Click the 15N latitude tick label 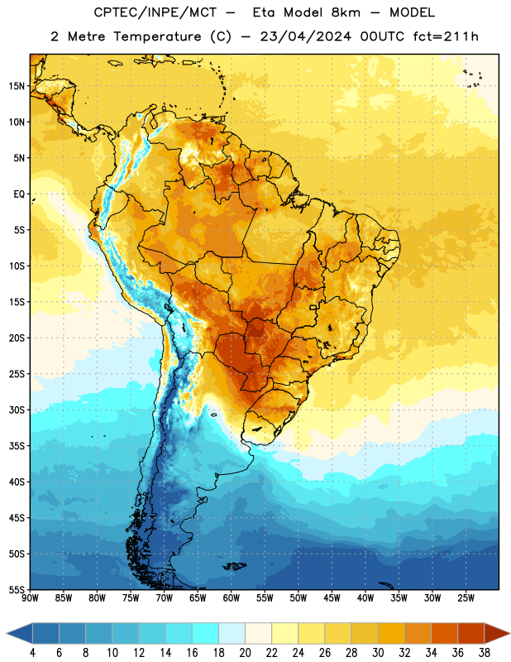17,86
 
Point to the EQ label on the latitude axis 19,194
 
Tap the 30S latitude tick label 17,410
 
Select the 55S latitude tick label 17,590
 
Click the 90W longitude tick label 31,598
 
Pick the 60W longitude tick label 232,598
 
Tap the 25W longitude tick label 466,598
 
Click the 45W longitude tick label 332,598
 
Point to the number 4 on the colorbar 32,653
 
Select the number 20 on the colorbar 245,653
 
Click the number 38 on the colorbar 485,653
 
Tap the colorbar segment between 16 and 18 205,633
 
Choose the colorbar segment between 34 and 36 444,633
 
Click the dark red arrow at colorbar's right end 496,633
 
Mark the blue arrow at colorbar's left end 20,633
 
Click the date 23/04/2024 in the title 305,36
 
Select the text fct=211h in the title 446,36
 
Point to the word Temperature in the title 158,36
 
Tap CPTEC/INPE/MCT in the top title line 155,12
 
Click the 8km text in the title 346,12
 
